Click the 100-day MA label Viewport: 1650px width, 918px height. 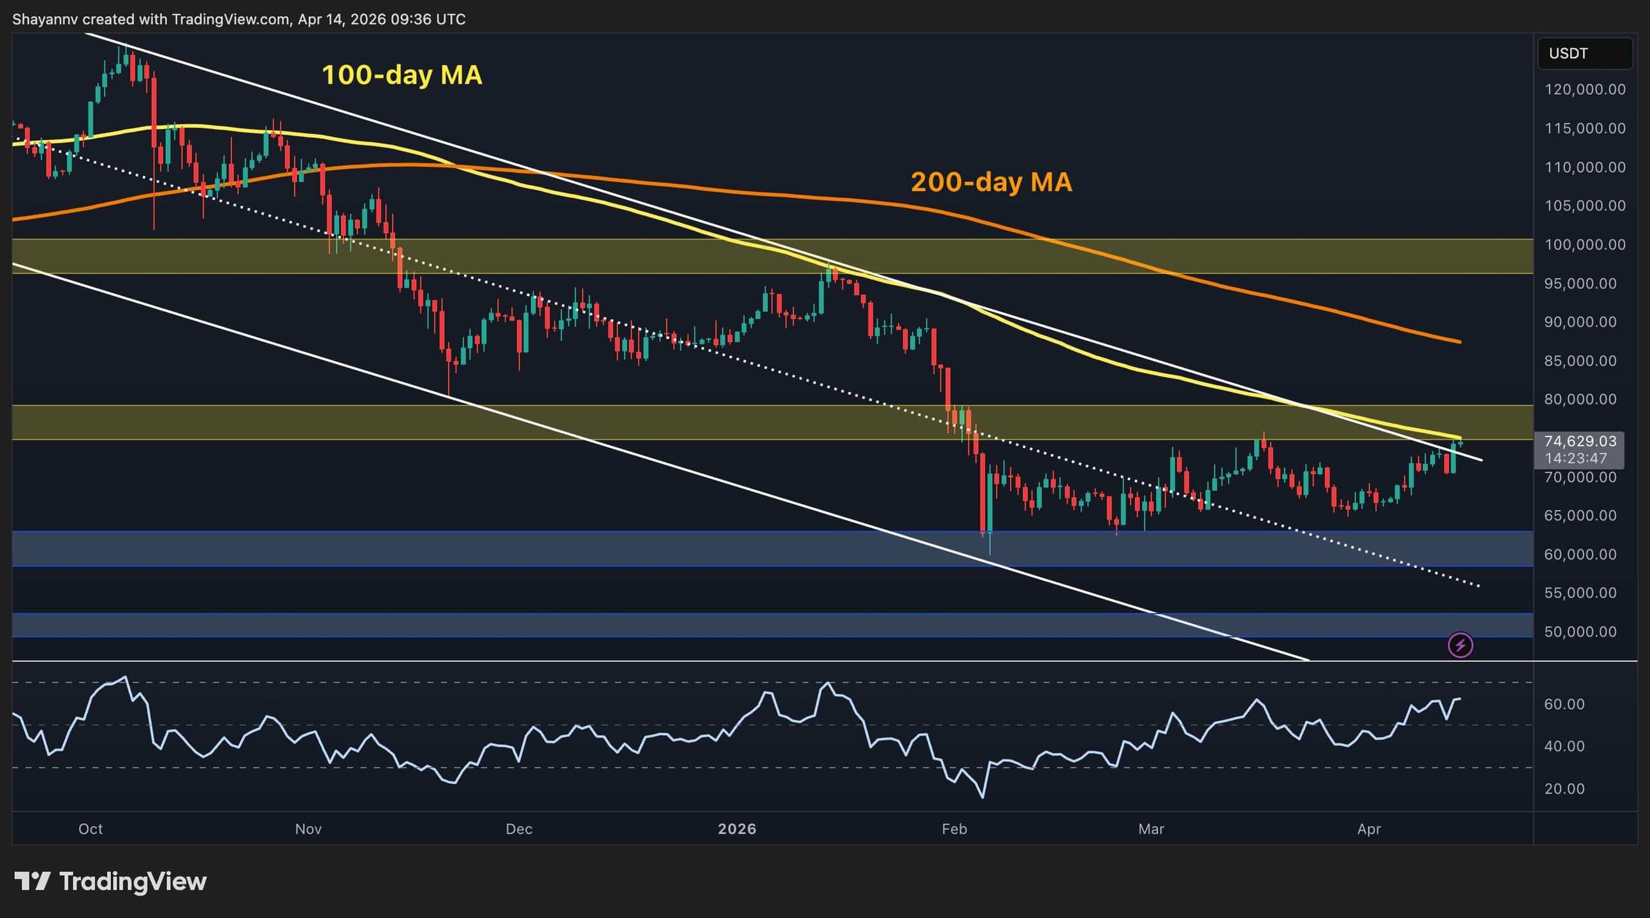pyautogui.click(x=402, y=75)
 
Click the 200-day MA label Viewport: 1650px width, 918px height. pyautogui.click(x=991, y=182)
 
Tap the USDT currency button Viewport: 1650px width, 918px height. pyautogui.click(x=1584, y=54)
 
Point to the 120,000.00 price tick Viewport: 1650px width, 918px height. pyautogui.click(x=1585, y=90)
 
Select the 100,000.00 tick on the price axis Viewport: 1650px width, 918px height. pyautogui.click(x=1585, y=244)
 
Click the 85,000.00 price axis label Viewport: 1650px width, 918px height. pyautogui.click(x=1585, y=360)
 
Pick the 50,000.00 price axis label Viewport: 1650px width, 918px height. pyautogui.click(x=1585, y=631)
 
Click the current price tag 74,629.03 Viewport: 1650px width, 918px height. pyautogui.click(x=1580, y=441)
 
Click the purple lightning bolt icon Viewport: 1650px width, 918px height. pyautogui.click(x=1460, y=645)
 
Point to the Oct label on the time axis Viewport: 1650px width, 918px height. pyautogui.click(x=90, y=828)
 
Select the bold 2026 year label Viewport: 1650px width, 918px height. pyautogui.click(x=737, y=828)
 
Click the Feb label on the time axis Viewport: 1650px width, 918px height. pyautogui.click(x=954, y=828)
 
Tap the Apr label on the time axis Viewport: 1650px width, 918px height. pyautogui.click(x=1369, y=828)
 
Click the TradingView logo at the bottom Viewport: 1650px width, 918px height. pyautogui.click(x=110, y=881)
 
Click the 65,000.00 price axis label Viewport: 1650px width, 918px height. pyautogui.click(x=1585, y=515)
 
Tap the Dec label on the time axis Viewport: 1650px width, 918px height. pyautogui.click(x=519, y=828)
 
